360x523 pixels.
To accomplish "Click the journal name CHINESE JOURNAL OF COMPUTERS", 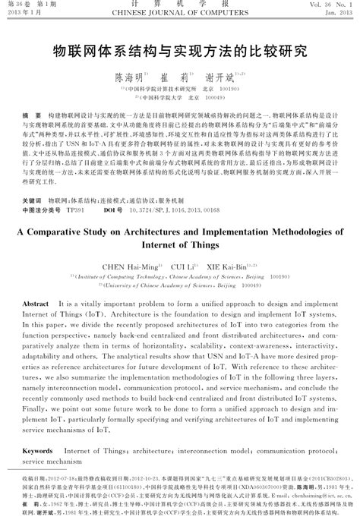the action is point(179,13).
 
